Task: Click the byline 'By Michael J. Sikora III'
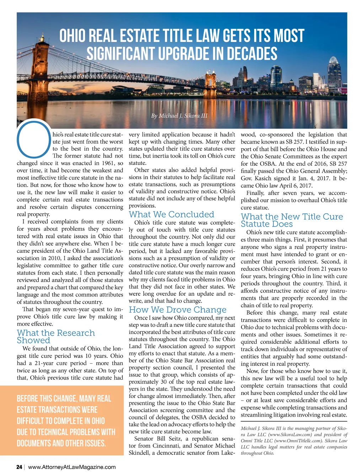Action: click(x=179, y=116)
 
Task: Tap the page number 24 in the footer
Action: click(x=19, y=467)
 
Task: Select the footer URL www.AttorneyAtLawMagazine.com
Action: click(x=72, y=467)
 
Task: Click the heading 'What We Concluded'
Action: click(x=171, y=214)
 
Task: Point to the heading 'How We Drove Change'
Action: click(x=177, y=310)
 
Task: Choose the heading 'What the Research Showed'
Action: click(x=56, y=336)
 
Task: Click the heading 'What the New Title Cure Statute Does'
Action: click(x=291, y=220)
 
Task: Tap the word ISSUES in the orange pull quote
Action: click(x=95, y=443)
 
